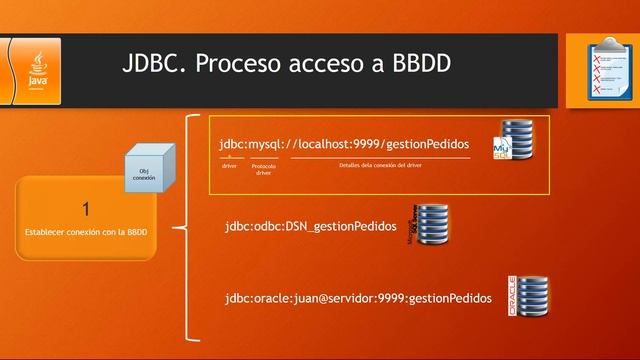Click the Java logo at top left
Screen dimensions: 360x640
click(x=36, y=67)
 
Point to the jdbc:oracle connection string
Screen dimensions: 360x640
click(x=358, y=298)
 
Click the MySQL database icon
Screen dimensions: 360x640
click(x=514, y=140)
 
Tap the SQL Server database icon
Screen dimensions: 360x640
click(x=433, y=226)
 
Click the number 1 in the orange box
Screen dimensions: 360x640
click(x=86, y=209)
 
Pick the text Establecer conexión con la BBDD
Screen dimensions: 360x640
click(x=86, y=232)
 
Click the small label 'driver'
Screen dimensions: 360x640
click(x=229, y=165)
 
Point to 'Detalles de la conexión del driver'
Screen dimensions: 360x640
click(x=380, y=165)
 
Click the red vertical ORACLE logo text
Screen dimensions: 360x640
click(x=513, y=296)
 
